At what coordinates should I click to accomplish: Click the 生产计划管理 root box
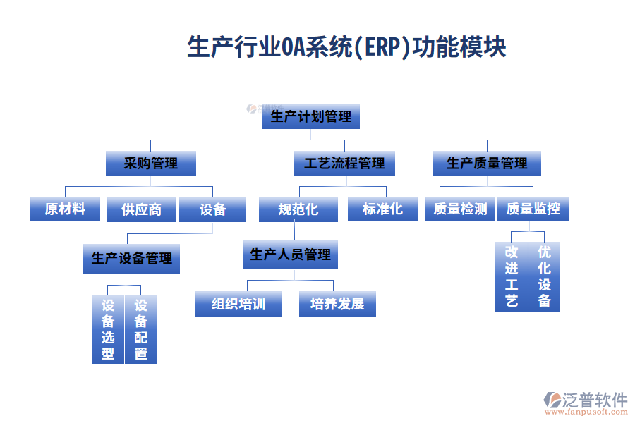click(310, 116)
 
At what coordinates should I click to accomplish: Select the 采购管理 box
click(150, 164)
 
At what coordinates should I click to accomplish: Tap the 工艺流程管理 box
click(344, 164)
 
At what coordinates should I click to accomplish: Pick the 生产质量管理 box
click(487, 164)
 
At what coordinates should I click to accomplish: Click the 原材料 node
click(65, 209)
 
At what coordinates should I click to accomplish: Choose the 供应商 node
click(141, 209)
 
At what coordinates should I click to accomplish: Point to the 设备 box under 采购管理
click(212, 209)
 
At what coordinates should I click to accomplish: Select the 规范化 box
click(298, 209)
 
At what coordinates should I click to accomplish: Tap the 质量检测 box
click(460, 209)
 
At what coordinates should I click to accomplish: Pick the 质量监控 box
click(533, 209)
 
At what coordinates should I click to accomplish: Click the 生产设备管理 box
click(131, 259)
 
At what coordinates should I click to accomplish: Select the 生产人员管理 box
click(290, 255)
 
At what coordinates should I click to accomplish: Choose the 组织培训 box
click(238, 304)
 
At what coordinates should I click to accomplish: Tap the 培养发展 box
click(337, 304)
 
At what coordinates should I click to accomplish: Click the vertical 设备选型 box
click(108, 329)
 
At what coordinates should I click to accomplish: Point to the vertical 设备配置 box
click(140, 329)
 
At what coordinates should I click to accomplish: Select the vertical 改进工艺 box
click(512, 276)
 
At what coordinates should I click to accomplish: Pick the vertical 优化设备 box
click(544, 276)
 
